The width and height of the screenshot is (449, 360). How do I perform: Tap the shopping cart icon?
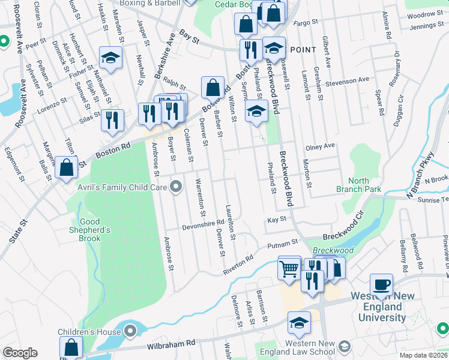click(x=289, y=268)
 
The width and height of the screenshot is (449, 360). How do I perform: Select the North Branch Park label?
click(x=365, y=185)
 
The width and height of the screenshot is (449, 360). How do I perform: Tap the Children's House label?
click(x=85, y=332)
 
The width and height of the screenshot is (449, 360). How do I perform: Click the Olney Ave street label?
click(x=320, y=146)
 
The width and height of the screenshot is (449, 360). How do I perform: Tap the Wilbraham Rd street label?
click(x=171, y=344)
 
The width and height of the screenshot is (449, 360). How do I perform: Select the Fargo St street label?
click(x=305, y=23)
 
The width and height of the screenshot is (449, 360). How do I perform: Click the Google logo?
click(x=20, y=353)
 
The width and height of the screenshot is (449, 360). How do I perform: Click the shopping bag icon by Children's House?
click(x=71, y=348)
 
